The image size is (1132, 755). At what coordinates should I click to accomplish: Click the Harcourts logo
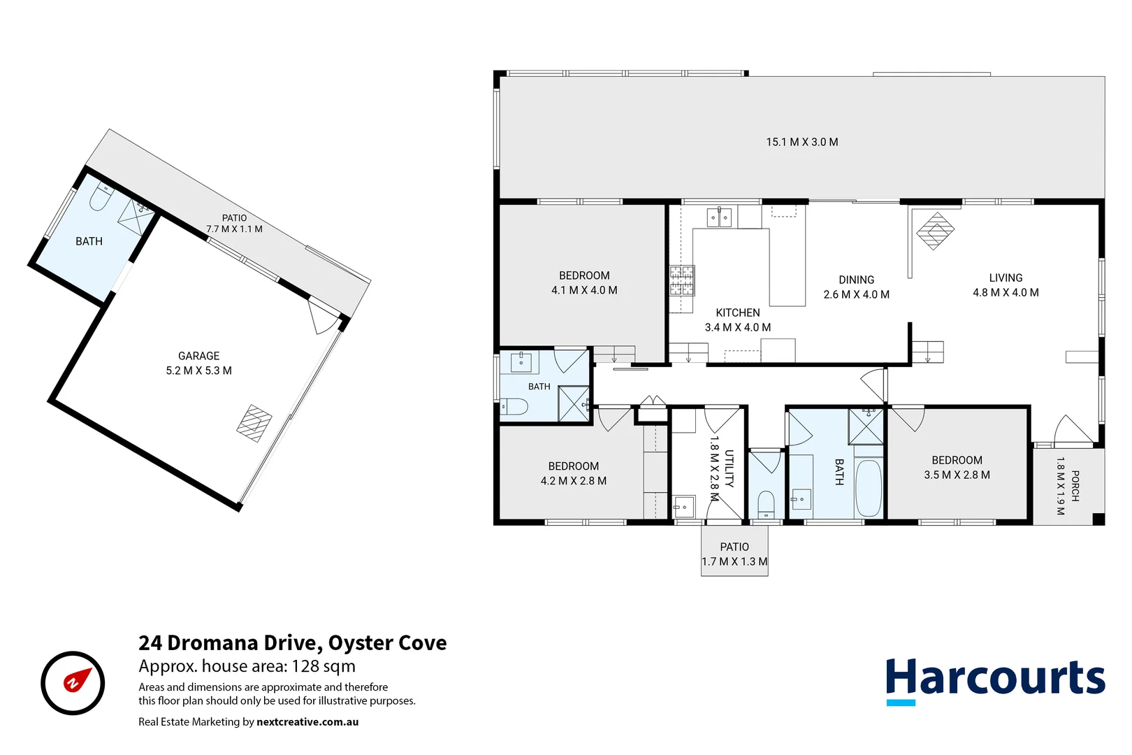[996, 681]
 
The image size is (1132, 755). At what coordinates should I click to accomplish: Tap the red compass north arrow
[78, 680]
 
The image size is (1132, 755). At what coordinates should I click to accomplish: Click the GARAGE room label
[198, 356]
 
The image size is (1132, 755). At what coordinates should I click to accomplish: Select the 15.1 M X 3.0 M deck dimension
[802, 142]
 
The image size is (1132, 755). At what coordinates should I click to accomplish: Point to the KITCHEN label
[738, 313]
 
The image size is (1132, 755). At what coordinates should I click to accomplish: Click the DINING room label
[857, 280]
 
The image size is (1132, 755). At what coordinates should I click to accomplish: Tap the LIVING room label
[1006, 278]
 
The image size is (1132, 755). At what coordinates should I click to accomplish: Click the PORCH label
[1075, 486]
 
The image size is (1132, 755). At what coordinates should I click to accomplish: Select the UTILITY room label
[730, 468]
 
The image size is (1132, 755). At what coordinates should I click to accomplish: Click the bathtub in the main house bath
[869, 488]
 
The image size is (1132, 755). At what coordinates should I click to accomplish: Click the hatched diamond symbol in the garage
[254, 423]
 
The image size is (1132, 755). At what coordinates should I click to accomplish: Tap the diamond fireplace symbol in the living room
[935, 231]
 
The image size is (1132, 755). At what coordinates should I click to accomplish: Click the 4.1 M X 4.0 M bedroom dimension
[584, 290]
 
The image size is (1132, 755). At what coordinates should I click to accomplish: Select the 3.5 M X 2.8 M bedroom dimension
[957, 475]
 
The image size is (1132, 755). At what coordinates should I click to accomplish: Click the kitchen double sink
[719, 218]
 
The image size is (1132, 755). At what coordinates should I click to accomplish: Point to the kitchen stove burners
[682, 280]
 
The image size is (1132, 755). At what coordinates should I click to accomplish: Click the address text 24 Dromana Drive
[231, 642]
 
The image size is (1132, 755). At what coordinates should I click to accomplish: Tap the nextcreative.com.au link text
[307, 722]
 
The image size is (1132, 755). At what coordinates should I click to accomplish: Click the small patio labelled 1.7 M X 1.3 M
[734, 551]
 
